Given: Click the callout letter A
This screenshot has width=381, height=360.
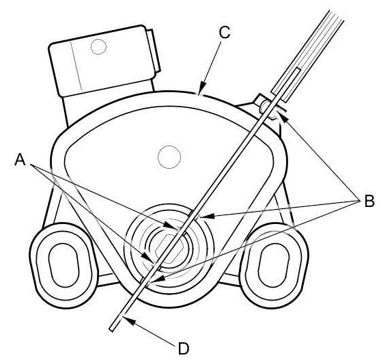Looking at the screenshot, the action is click(20, 160).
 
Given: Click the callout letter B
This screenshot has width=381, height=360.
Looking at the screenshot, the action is click(369, 201).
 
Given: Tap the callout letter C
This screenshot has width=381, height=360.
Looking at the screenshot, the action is click(224, 33).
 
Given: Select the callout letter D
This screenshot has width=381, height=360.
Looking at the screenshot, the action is click(184, 349).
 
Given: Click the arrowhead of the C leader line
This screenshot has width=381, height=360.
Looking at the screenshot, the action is click(201, 90).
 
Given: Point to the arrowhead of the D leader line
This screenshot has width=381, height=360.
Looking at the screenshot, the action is click(128, 320).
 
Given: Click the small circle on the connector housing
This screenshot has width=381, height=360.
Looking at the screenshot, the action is click(98, 46).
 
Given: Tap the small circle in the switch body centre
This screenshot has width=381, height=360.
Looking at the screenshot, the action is click(169, 157).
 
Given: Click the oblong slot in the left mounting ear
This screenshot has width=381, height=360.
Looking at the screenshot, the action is click(64, 265).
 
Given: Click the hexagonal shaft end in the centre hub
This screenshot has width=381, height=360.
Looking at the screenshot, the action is click(169, 249).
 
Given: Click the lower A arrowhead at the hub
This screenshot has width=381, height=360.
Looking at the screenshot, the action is click(147, 257).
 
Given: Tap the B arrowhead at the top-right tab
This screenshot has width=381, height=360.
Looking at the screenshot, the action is click(284, 117).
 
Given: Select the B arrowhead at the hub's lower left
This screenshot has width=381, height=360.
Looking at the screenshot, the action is click(159, 279).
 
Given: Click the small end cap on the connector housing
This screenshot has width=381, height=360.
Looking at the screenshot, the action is click(153, 51).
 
